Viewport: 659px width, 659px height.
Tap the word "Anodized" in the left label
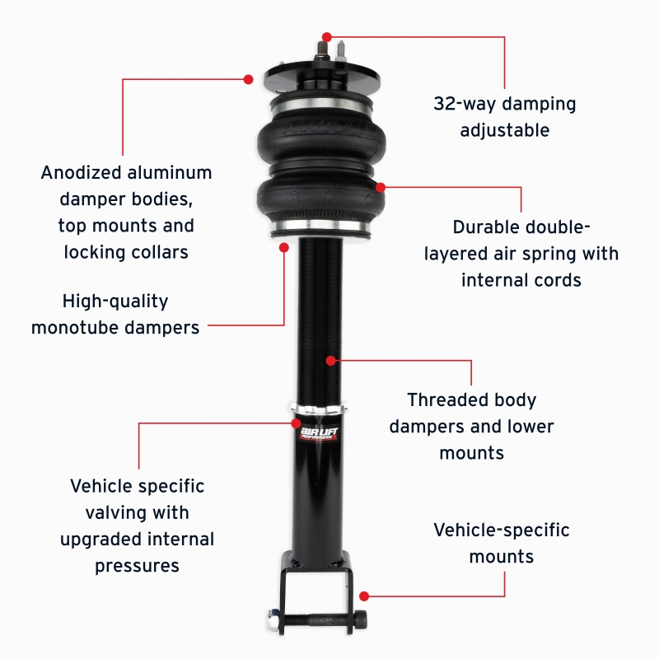(80, 173)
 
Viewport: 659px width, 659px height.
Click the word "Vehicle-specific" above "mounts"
(501, 530)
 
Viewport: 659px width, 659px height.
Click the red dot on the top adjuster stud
(327, 37)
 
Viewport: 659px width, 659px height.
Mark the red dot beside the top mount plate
(248, 79)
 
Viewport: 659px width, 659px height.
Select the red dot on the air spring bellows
(380, 187)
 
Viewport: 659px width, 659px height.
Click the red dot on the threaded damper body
(330, 360)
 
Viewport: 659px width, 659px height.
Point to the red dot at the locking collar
(296, 423)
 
